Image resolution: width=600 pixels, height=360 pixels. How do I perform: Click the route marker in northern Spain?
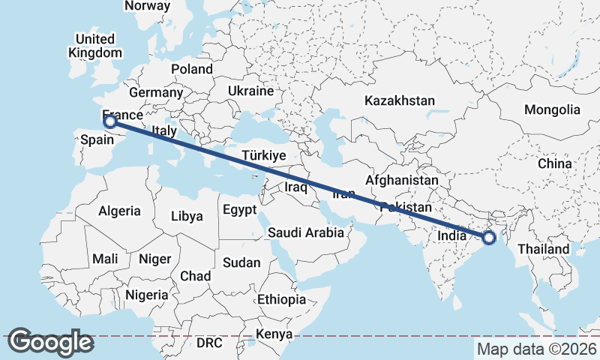coord(109,121)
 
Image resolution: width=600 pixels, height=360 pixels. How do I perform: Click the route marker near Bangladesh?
coord(489,238)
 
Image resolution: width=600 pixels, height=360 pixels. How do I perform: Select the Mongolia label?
coord(552,109)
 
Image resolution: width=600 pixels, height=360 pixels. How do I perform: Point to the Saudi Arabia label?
coord(306,232)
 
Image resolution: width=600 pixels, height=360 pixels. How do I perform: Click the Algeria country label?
coord(119,211)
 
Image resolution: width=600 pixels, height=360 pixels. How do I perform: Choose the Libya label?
coord(187,216)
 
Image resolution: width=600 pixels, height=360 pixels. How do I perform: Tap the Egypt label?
coord(239,210)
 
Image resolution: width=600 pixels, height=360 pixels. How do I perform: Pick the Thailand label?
coord(544,249)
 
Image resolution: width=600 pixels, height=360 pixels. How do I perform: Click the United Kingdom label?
coord(94,46)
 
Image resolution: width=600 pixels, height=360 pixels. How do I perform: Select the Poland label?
coord(191,69)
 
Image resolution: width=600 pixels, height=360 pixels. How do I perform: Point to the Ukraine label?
coord(250,91)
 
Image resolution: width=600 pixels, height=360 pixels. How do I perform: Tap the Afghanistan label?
coord(402,181)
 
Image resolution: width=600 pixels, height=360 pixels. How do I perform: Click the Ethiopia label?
coord(281,299)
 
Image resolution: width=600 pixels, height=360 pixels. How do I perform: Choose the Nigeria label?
coord(147,295)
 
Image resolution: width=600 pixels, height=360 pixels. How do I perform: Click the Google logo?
coord(50,341)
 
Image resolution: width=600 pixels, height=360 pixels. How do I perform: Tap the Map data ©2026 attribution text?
coord(537,349)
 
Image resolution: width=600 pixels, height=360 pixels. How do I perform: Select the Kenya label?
coord(274,334)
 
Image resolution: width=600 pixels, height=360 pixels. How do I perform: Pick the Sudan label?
coord(241,262)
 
